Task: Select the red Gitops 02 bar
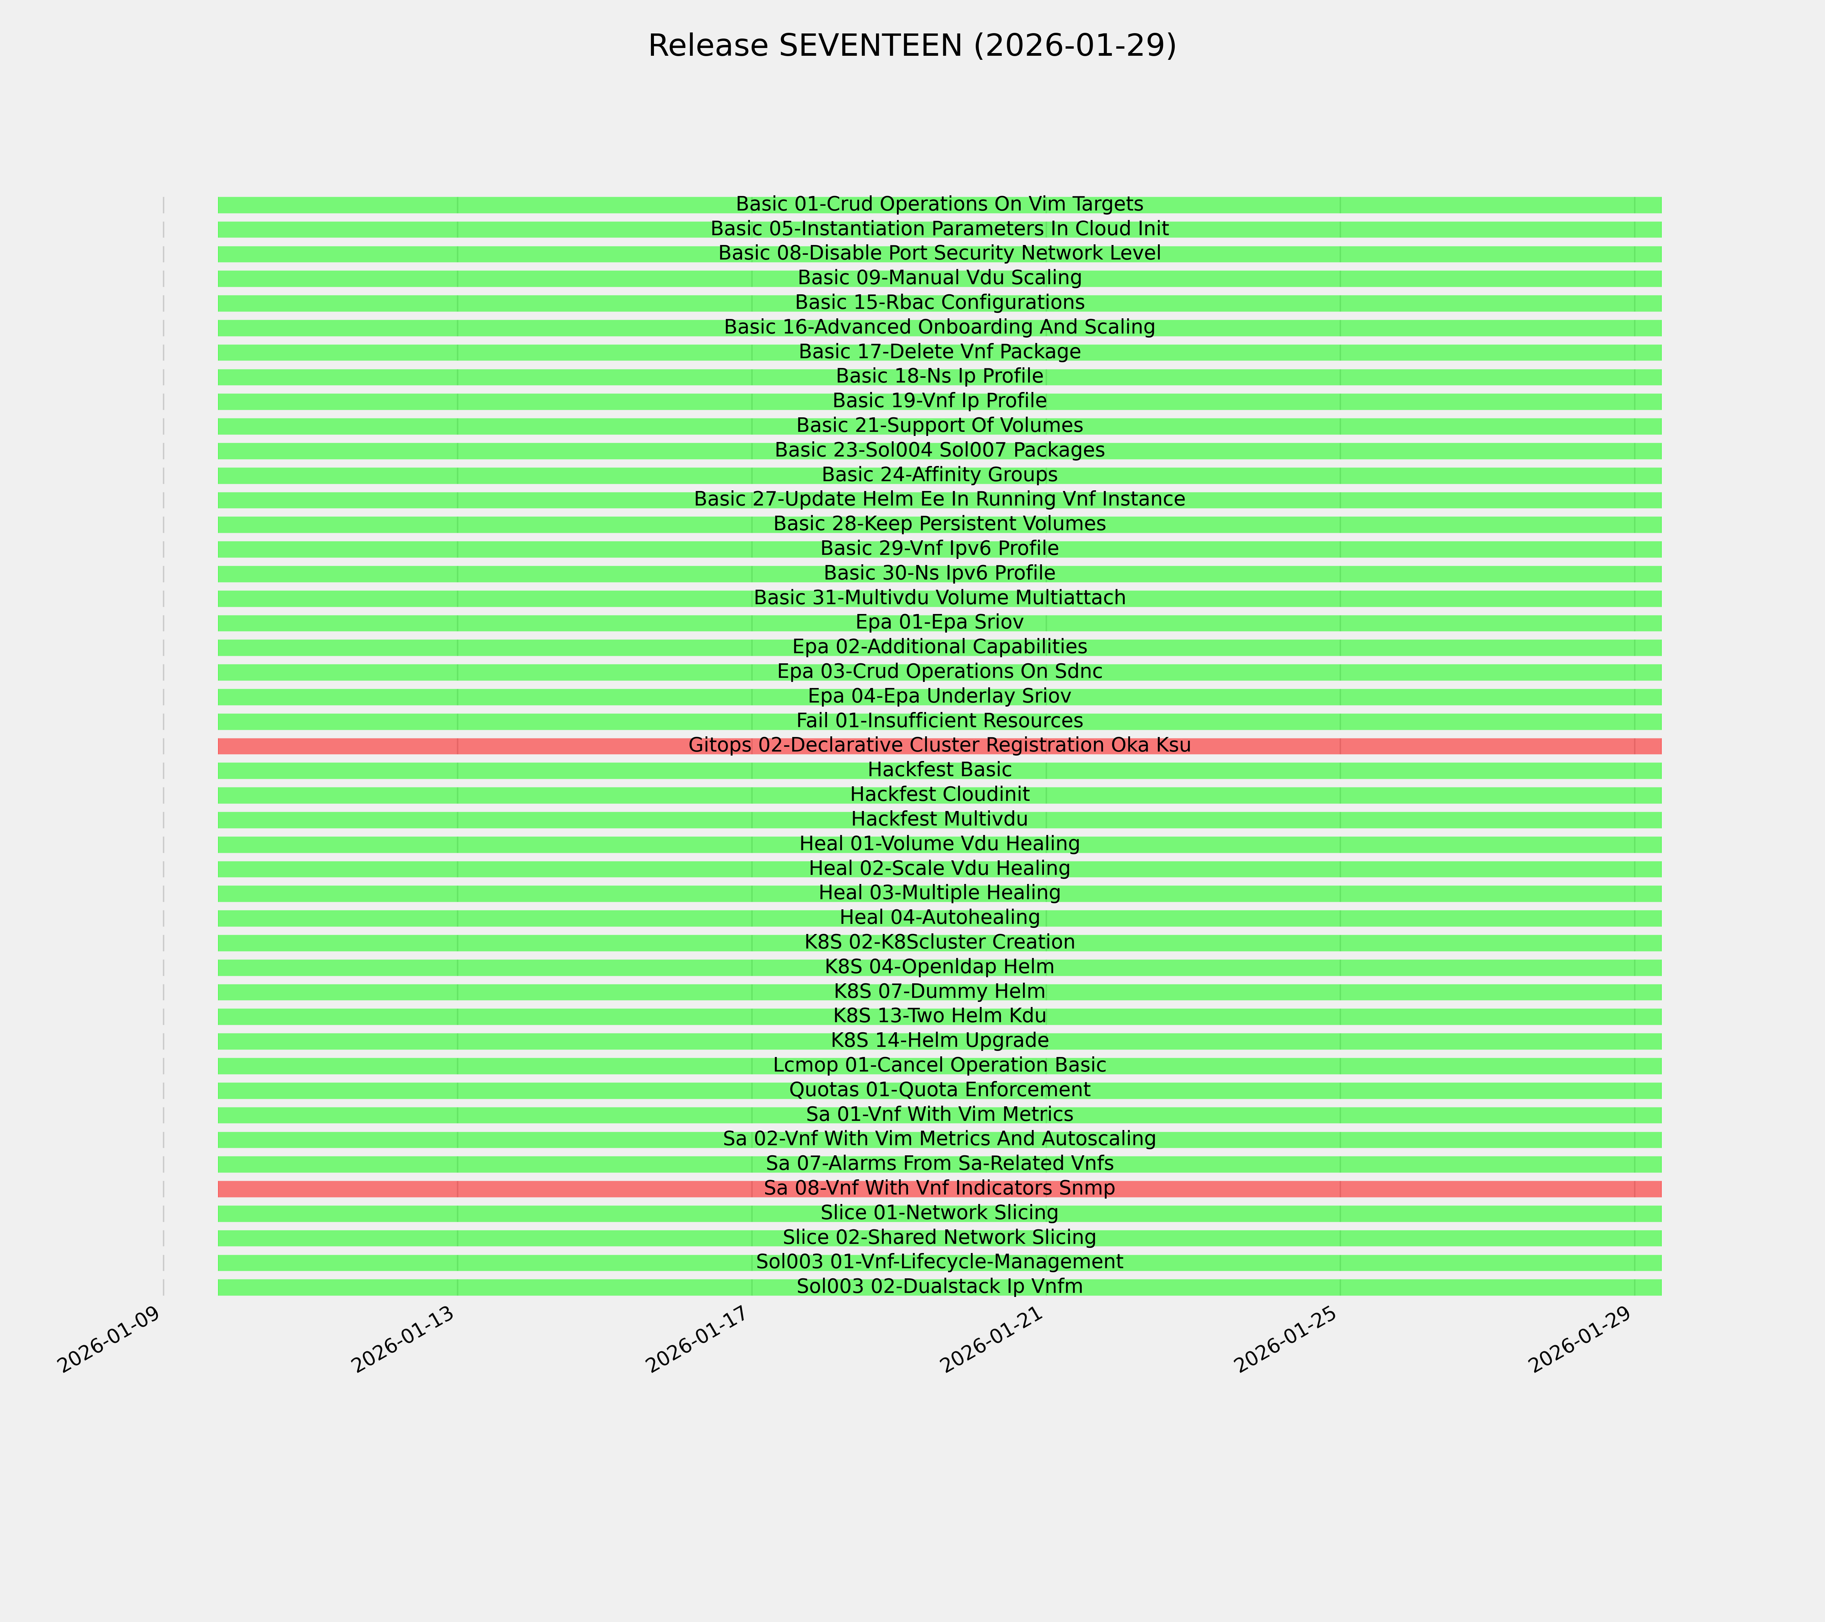tap(446, 745)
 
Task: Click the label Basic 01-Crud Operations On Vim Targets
tap(939, 204)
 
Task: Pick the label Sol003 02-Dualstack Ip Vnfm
tap(939, 1286)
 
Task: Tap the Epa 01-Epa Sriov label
tap(939, 622)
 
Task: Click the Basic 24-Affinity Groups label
tap(939, 474)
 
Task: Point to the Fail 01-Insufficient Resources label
tap(939, 720)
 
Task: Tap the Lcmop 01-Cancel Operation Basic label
tap(939, 1065)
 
